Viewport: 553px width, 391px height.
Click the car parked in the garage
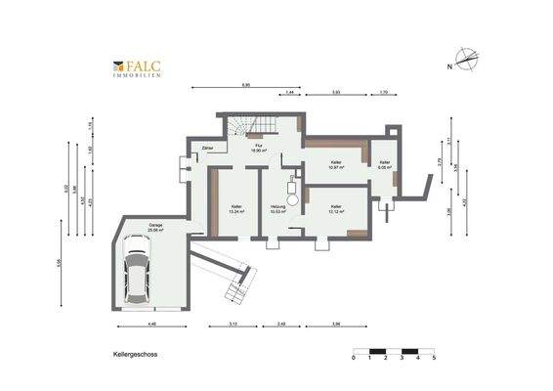(x=136, y=275)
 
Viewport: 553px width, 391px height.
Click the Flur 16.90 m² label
(x=260, y=150)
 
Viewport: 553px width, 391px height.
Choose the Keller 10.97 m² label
(x=336, y=165)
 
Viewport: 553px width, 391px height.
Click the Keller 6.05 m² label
(x=385, y=164)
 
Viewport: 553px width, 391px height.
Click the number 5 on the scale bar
(x=434, y=359)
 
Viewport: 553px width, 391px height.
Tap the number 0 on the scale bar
(x=354, y=359)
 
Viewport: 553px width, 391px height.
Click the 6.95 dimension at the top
(x=245, y=85)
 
